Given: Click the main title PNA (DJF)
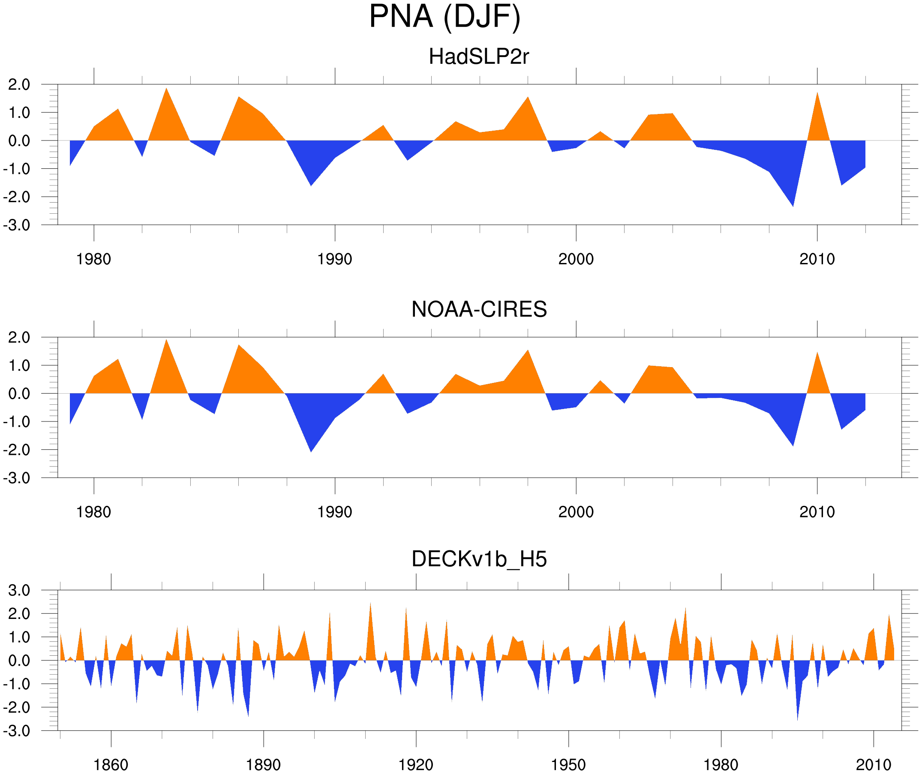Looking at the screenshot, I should (x=444, y=17).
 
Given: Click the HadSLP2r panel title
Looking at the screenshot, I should (x=478, y=57).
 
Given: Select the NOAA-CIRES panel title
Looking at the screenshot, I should (x=479, y=309).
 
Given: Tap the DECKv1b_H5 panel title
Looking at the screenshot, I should (x=479, y=559).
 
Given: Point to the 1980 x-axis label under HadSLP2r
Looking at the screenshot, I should (x=93, y=259).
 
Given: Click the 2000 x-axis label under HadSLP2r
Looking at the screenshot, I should (x=576, y=259).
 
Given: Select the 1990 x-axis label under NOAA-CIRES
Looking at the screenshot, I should (x=335, y=512).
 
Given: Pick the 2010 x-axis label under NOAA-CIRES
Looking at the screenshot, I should (x=817, y=512).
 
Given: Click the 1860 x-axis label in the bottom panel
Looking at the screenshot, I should (x=111, y=765).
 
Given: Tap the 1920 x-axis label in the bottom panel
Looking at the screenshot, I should (x=415, y=765).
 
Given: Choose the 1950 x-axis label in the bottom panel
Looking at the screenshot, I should (x=568, y=765).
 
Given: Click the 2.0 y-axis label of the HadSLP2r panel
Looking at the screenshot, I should (x=19, y=85).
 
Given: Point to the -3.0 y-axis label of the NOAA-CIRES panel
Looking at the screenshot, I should (x=17, y=478).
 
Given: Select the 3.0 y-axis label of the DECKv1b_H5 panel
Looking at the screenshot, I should (x=19, y=591).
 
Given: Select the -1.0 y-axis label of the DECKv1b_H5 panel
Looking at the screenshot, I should (x=17, y=684).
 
